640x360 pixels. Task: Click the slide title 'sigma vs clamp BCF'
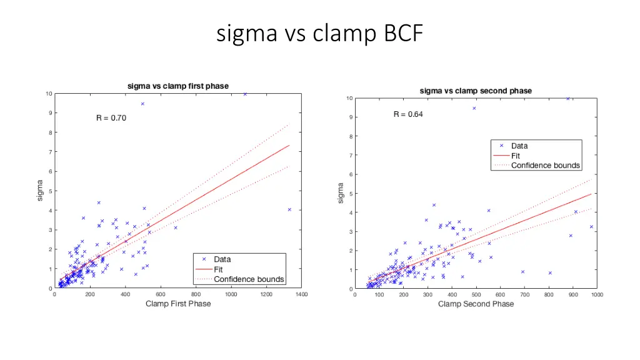click(319, 32)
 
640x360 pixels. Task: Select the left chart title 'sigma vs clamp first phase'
click(178, 86)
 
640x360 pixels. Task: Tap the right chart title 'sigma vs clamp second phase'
click(476, 91)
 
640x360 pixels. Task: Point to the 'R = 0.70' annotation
click(111, 118)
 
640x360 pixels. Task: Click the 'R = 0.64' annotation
click(408, 114)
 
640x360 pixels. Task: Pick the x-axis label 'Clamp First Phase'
click(178, 304)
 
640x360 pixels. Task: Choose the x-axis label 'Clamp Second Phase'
click(476, 304)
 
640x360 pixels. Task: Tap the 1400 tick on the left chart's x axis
click(302, 294)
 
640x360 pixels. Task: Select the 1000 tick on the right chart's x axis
click(597, 295)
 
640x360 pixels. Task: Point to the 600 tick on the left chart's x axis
click(161, 294)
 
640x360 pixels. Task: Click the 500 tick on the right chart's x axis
click(476, 295)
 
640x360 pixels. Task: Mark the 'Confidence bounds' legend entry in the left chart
click(249, 279)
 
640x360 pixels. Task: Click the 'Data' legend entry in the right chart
click(519, 146)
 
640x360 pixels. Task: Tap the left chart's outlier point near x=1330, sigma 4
click(289, 210)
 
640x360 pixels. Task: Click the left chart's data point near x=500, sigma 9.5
click(142, 104)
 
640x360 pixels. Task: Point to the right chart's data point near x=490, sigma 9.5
click(474, 108)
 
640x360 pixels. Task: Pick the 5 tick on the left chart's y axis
click(50, 191)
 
